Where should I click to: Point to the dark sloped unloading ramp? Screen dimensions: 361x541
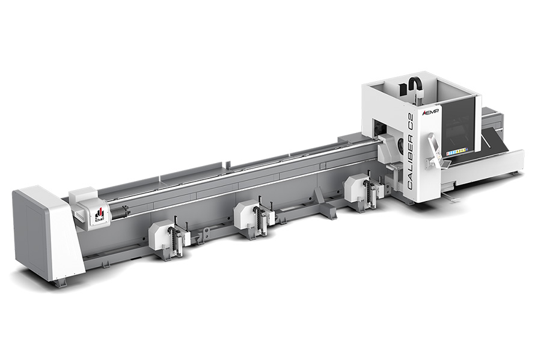[496, 144]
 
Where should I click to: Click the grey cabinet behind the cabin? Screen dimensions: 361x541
[491, 118]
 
